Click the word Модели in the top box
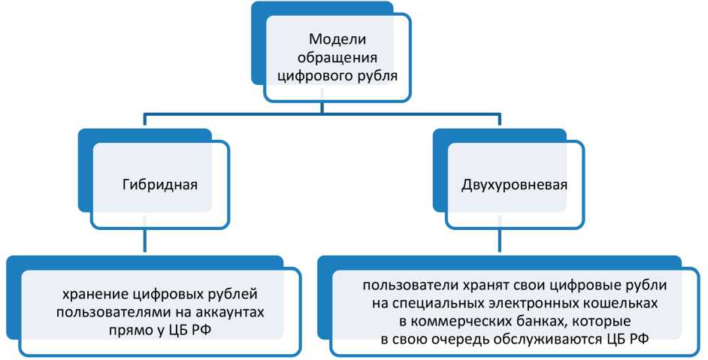pos(337,40)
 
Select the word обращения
pos(337,57)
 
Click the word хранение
pos(96,292)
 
